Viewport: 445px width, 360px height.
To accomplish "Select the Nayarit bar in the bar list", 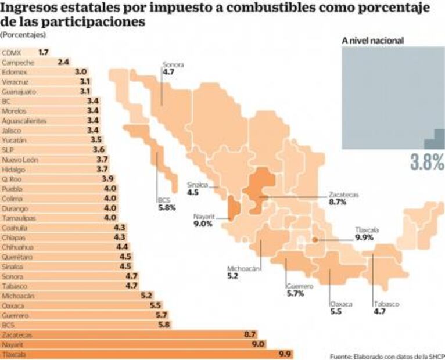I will [x=134, y=344].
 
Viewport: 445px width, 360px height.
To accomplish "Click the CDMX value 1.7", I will [x=43, y=52].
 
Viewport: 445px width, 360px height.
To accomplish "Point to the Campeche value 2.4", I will [x=64, y=62].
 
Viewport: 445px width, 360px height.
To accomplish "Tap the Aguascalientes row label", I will [x=20, y=121].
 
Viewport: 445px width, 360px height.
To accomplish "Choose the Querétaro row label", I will [x=15, y=257].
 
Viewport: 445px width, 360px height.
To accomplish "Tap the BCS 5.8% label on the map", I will [x=166, y=204].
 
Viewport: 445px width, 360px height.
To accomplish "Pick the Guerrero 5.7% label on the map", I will [x=300, y=290].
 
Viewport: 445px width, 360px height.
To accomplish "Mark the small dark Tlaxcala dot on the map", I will [x=315, y=239].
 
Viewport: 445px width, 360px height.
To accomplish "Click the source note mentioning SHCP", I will [x=384, y=355].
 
